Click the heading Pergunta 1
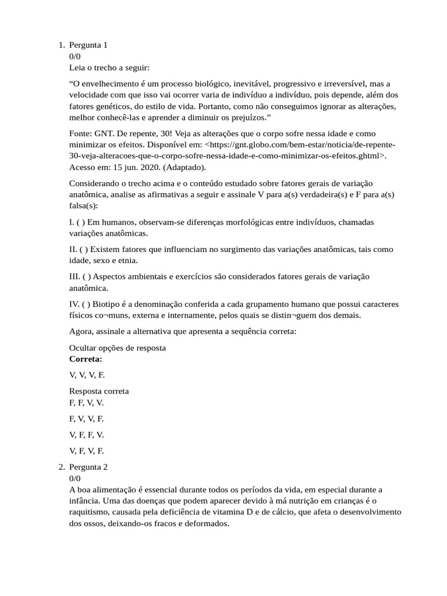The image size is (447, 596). pos(88,45)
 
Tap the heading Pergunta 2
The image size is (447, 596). pos(88,467)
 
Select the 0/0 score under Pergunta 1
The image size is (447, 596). pos(75,56)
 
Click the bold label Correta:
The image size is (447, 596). pos(86,359)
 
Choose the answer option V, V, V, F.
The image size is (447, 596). pos(87,375)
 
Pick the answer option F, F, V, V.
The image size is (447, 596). pos(86,402)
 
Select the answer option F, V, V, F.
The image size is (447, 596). pos(86,418)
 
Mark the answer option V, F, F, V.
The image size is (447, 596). pos(86,435)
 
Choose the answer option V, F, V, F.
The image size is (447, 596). pos(86,450)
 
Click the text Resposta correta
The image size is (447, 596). pos(99,391)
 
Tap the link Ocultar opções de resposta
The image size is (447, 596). pos(118,348)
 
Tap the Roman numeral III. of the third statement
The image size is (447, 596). pos(74,276)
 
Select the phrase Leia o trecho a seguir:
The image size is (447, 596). pos(109,68)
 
